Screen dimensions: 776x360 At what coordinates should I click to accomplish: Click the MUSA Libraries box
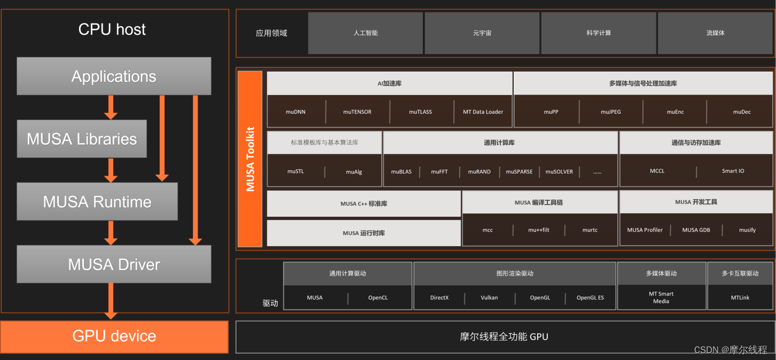(82, 139)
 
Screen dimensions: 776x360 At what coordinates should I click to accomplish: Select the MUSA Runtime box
(97, 201)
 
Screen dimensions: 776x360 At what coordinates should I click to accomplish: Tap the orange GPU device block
(114, 336)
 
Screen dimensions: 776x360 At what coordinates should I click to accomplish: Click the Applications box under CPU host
(114, 76)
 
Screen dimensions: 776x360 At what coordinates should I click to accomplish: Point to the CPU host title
(112, 29)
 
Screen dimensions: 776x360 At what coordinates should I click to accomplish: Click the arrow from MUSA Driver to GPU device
(111, 301)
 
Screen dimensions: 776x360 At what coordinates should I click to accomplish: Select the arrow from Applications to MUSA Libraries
(111, 107)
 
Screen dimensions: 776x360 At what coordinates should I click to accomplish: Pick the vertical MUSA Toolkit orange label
(250, 159)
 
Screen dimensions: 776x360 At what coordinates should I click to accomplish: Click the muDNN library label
(296, 112)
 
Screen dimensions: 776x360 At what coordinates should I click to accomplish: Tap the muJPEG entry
(611, 112)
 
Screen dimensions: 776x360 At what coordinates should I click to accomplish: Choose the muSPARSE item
(519, 172)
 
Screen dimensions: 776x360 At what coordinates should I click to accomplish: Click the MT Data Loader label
(483, 112)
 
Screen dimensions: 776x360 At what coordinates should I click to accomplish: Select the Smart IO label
(733, 171)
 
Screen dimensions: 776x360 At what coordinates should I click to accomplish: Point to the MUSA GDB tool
(697, 230)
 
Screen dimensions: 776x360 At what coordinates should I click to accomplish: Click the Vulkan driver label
(489, 298)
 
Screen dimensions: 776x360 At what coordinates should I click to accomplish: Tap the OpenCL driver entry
(378, 298)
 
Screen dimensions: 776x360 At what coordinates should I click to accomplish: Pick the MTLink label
(740, 298)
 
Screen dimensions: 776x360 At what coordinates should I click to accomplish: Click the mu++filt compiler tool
(539, 230)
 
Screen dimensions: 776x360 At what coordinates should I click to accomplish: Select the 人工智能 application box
(366, 33)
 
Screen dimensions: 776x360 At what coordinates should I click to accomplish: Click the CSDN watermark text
(730, 350)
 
